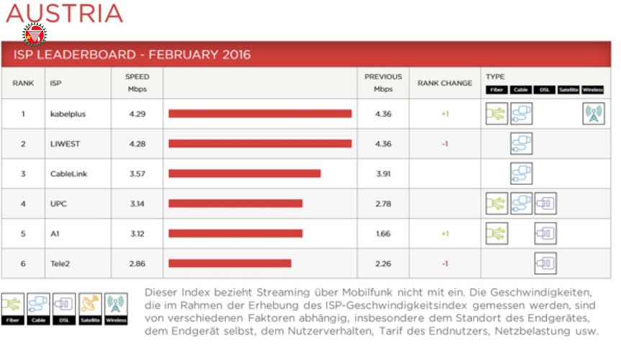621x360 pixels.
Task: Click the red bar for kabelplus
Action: (x=260, y=114)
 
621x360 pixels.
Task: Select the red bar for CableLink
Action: (x=245, y=174)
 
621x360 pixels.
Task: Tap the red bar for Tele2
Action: (x=230, y=264)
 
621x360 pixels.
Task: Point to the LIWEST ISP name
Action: (x=65, y=144)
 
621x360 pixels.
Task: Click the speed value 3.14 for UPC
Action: (x=137, y=204)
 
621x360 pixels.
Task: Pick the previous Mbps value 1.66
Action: (x=383, y=234)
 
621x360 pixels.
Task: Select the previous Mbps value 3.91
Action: (x=383, y=174)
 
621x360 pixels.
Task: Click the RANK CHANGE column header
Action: (x=445, y=83)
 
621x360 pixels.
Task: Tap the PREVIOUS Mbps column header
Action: (x=383, y=83)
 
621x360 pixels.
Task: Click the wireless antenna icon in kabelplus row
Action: (x=593, y=114)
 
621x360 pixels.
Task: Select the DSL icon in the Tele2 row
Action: (x=545, y=264)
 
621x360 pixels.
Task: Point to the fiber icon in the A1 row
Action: (x=497, y=233)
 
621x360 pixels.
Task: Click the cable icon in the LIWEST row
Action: (x=521, y=144)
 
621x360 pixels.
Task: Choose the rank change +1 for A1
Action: (x=445, y=234)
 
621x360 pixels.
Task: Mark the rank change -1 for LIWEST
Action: (x=445, y=144)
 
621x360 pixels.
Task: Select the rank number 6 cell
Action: (x=23, y=264)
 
